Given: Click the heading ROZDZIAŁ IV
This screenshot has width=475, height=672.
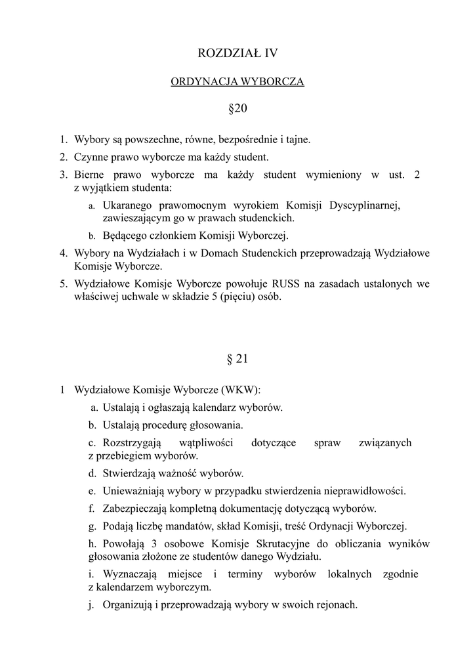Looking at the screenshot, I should (237, 53).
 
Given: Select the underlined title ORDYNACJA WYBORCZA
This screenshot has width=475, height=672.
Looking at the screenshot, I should (237, 82).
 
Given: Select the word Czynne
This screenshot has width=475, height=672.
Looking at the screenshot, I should (90, 157).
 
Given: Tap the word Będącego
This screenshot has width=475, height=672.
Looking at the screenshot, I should (125, 236).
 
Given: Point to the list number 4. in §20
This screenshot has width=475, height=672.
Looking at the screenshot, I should (64, 253).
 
